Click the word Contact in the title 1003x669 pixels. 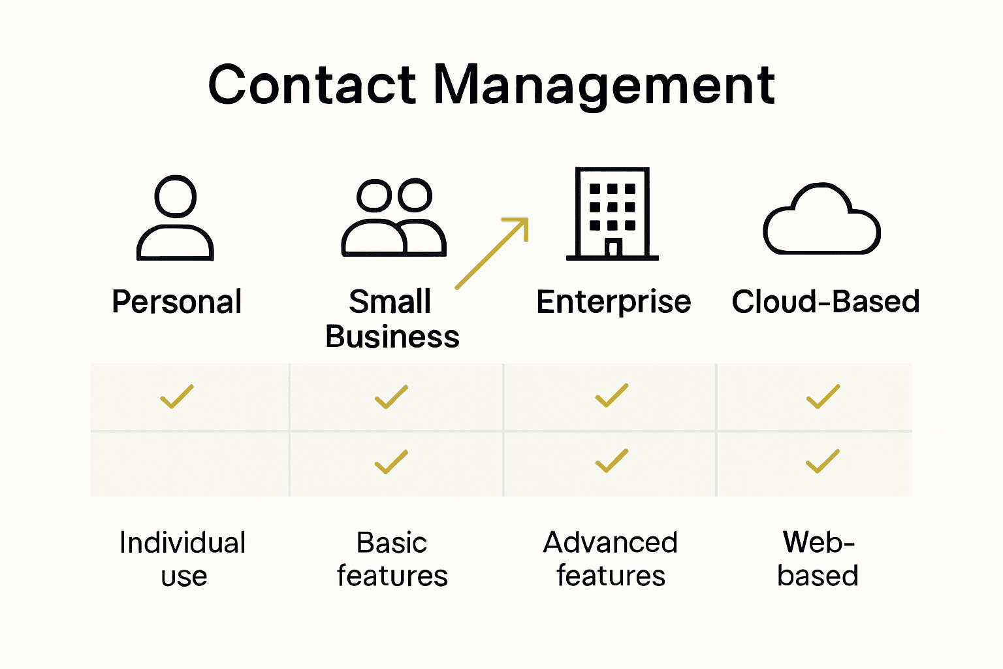311,85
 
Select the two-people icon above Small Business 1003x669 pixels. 394,218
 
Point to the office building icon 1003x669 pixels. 612,214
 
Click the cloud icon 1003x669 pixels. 821,221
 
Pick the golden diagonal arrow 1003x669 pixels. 492,253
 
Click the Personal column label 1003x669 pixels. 176,302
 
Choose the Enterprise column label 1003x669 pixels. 613,302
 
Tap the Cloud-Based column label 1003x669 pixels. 825,302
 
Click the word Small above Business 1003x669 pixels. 390,302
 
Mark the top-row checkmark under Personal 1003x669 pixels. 177,397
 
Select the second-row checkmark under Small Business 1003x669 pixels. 391,462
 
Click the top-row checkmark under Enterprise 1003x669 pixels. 612,396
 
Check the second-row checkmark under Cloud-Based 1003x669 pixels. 823,461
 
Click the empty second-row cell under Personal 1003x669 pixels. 189,464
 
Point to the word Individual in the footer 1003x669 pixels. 182,543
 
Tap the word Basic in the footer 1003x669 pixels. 391,543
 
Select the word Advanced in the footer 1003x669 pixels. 611,543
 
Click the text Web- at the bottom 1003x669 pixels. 818,542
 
